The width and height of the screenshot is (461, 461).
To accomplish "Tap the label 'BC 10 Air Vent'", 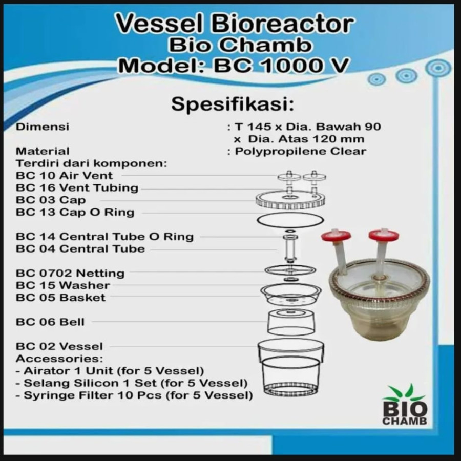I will (x=65, y=175).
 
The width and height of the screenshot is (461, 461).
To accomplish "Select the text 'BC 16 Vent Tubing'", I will (x=77, y=187).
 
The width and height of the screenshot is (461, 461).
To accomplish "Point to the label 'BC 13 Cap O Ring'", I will (x=75, y=212).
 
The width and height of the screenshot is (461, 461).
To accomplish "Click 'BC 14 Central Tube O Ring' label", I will (x=104, y=237).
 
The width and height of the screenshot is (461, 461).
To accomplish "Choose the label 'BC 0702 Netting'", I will (x=70, y=273).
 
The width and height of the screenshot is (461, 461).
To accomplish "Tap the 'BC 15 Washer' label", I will (x=63, y=285).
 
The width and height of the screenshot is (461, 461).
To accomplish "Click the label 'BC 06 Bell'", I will (x=50, y=322).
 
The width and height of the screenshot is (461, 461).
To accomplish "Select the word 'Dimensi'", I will (x=43, y=127).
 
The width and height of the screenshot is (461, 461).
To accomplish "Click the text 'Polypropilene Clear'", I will (x=301, y=151).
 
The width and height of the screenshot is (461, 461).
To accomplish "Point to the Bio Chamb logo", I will (x=405, y=405).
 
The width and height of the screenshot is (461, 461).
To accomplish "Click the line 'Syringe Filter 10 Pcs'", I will (x=134, y=395).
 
